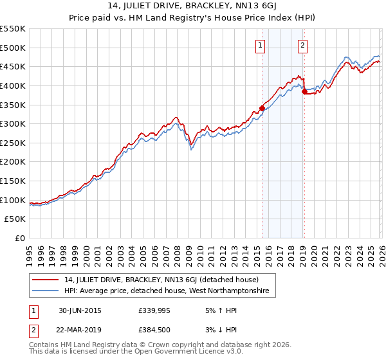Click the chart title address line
pos(192,7)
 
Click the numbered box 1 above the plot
pos(260,45)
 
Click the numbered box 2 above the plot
pos(302,45)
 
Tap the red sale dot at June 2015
pos(262,108)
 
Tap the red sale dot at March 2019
pos(304,91)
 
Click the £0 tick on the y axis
pos(21,239)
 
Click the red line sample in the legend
pos(46,280)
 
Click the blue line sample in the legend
pos(46,291)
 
